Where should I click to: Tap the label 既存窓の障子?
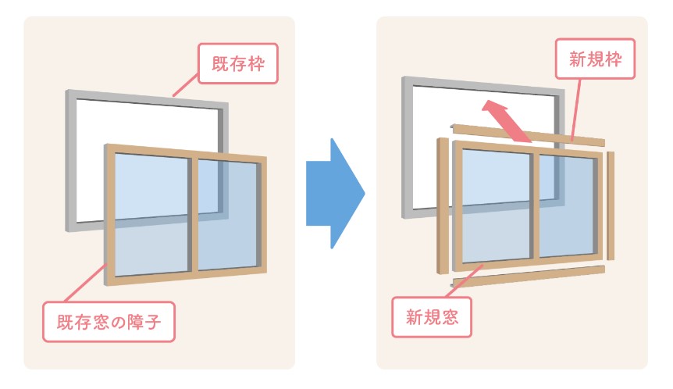coord(109,320)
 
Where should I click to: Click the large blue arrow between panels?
coord(334,193)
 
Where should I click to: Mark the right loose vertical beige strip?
coord(611,202)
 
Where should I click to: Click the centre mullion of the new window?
coord(535,205)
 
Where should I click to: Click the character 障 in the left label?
coord(142,320)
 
